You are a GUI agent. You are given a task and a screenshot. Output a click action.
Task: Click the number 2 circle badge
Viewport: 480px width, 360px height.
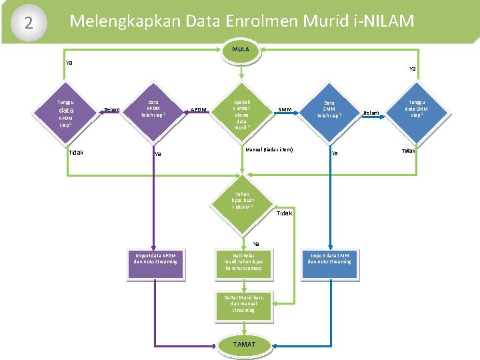click(28, 23)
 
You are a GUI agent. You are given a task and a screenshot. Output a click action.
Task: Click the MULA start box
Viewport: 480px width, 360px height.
click(241, 49)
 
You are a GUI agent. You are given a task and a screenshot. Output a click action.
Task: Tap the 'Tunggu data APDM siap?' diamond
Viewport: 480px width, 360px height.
click(65, 110)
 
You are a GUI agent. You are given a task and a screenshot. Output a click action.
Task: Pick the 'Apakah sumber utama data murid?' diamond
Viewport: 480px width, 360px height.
click(241, 110)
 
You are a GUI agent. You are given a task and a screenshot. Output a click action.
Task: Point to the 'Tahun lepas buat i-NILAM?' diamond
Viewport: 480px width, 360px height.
click(241, 201)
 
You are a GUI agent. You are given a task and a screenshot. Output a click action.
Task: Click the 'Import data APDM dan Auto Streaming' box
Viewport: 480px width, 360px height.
click(155, 259)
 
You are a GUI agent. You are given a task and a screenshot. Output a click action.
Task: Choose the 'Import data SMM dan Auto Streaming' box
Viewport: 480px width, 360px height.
click(329, 259)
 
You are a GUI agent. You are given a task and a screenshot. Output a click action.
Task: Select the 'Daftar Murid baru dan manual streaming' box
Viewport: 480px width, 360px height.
click(243, 303)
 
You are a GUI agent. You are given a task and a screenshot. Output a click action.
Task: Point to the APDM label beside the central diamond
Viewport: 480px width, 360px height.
click(199, 110)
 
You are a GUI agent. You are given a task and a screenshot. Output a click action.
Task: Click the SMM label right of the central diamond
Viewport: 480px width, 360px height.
click(285, 110)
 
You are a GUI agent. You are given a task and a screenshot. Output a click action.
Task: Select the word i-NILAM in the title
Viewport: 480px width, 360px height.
click(382, 21)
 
